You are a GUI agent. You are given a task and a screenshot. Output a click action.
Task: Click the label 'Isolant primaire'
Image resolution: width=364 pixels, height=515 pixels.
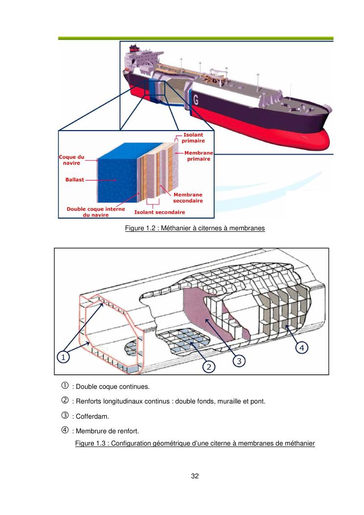[194, 137]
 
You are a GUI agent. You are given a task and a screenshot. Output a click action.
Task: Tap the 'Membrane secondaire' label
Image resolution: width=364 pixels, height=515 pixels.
[188, 197]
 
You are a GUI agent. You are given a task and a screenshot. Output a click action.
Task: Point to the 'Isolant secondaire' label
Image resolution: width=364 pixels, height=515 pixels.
[159, 212]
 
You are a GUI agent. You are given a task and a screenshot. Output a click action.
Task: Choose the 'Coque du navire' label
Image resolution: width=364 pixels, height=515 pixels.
[71, 160]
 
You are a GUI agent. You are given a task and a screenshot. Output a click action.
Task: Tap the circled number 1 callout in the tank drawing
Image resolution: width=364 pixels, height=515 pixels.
[64, 357]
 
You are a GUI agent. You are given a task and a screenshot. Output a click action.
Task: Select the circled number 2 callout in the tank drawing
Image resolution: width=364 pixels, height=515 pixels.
[209, 366]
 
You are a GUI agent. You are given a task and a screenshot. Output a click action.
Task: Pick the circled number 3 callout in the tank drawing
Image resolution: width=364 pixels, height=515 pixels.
[239, 360]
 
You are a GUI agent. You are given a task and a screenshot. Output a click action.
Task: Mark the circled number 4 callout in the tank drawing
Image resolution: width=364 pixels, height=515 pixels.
[302, 347]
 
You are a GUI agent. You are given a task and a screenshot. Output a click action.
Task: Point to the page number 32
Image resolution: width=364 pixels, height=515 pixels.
[195, 476]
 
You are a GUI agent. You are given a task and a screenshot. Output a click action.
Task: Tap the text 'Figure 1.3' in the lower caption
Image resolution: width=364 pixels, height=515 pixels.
[90, 444]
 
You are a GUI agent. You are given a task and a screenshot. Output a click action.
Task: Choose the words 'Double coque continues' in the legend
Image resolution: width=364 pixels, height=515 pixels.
[110, 387]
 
